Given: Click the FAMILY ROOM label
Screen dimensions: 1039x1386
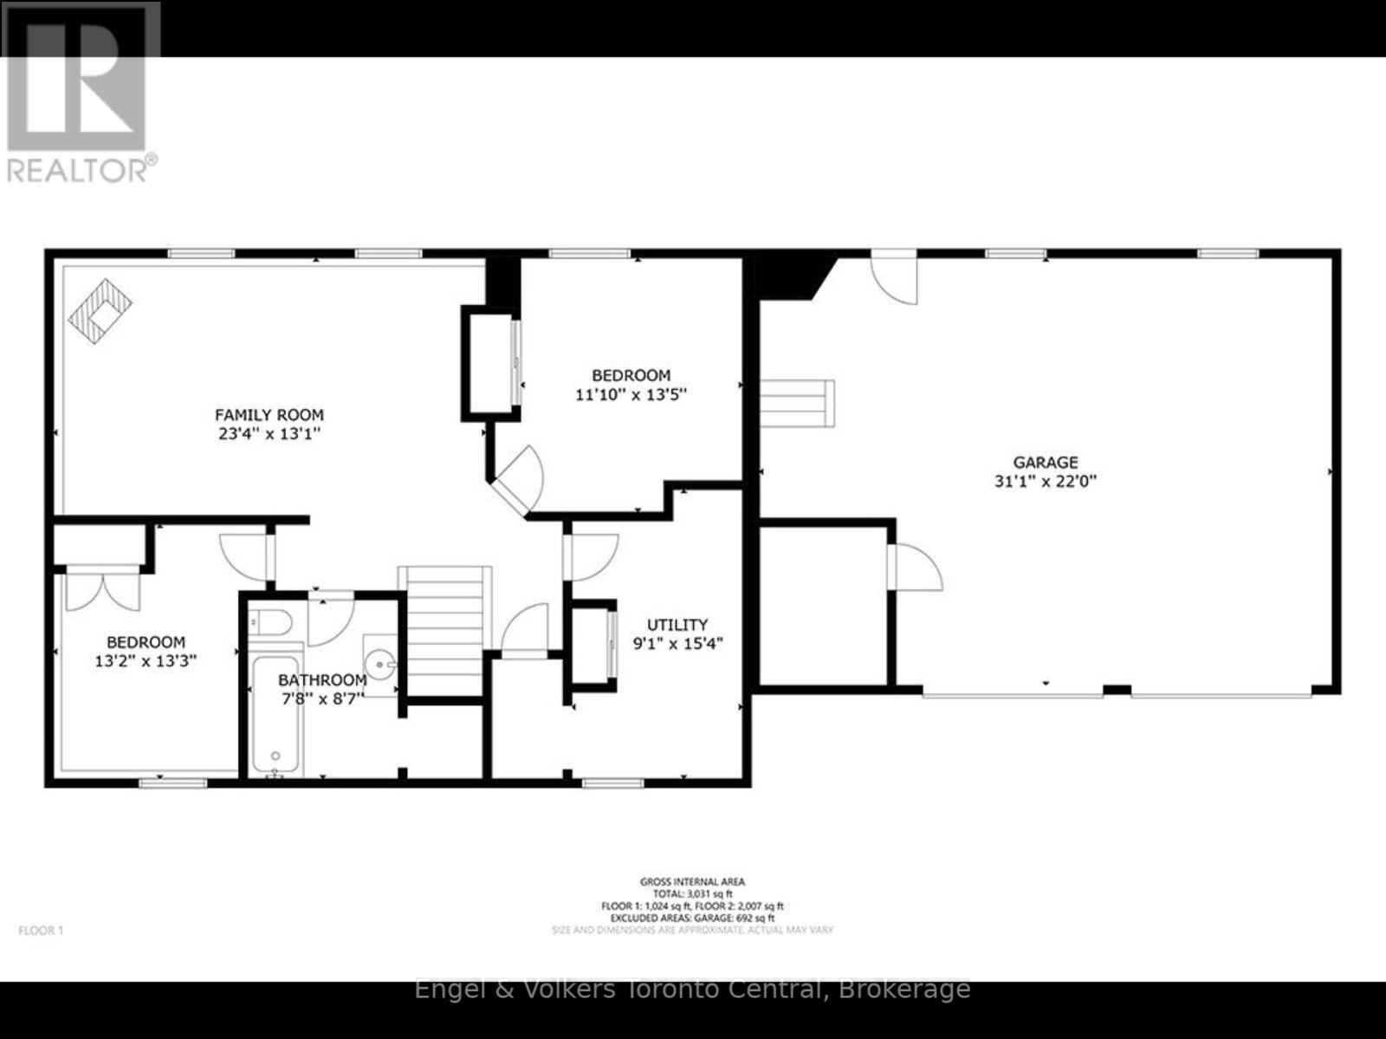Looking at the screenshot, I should click(x=269, y=415).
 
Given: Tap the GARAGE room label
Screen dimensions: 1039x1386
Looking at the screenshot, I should click(x=1046, y=463).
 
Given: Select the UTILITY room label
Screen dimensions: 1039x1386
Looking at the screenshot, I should click(x=677, y=625).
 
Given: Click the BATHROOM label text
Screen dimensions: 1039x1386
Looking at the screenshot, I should click(x=322, y=680).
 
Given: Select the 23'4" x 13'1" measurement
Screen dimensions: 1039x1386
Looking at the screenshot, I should click(x=269, y=434).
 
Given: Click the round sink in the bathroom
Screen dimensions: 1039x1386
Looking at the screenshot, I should click(x=379, y=666).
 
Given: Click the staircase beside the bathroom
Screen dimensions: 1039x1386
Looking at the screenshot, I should click(x=444, y=629).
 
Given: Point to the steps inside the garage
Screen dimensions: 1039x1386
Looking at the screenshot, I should click(x=798, y=403).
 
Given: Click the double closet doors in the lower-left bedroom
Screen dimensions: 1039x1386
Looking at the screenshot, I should click(x=102, y=588).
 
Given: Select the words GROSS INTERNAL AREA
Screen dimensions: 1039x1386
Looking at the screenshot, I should click(x=692, y=882).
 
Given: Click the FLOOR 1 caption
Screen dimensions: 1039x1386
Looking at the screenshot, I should click(x=41, y=931).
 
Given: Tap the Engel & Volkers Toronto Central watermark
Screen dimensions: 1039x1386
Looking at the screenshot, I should click(x=692, y=989).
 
